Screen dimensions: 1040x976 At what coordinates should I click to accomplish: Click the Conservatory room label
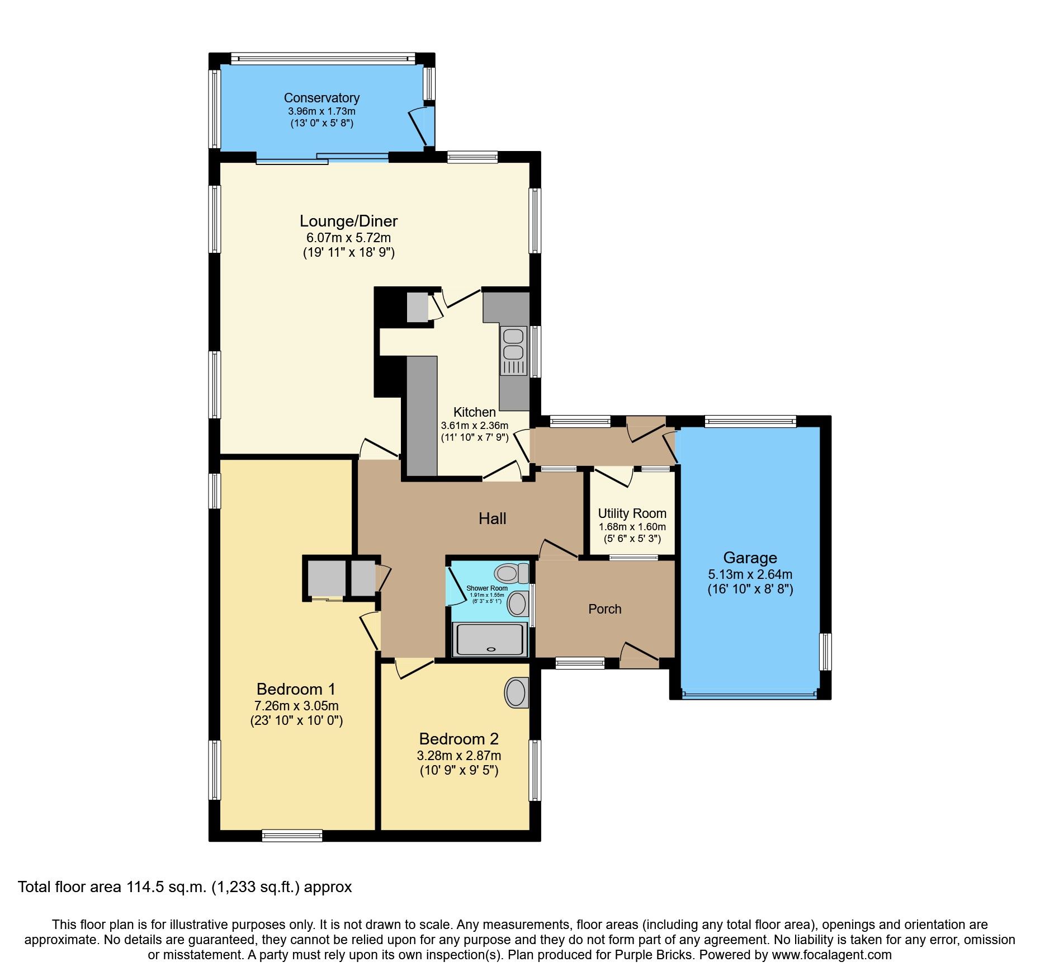322,98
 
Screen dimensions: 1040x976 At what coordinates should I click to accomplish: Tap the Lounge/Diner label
349,221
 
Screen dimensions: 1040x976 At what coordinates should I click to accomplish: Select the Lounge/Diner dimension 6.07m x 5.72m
349,238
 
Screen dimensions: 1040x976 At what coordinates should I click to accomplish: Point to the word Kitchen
475,412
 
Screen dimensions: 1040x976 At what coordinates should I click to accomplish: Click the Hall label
492,518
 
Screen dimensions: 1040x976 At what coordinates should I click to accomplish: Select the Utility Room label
632,513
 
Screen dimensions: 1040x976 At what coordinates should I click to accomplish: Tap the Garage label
750,558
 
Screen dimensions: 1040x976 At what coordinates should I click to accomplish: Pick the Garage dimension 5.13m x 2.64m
750,574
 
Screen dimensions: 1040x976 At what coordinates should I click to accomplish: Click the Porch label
605,609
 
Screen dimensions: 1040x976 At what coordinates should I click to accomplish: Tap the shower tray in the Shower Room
491,640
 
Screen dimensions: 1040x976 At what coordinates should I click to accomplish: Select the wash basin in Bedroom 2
517,693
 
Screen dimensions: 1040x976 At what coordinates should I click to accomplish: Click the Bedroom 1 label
296,689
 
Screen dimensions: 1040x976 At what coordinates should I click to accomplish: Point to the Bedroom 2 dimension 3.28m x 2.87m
459,756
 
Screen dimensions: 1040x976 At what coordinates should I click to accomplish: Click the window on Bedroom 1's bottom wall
292,836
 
